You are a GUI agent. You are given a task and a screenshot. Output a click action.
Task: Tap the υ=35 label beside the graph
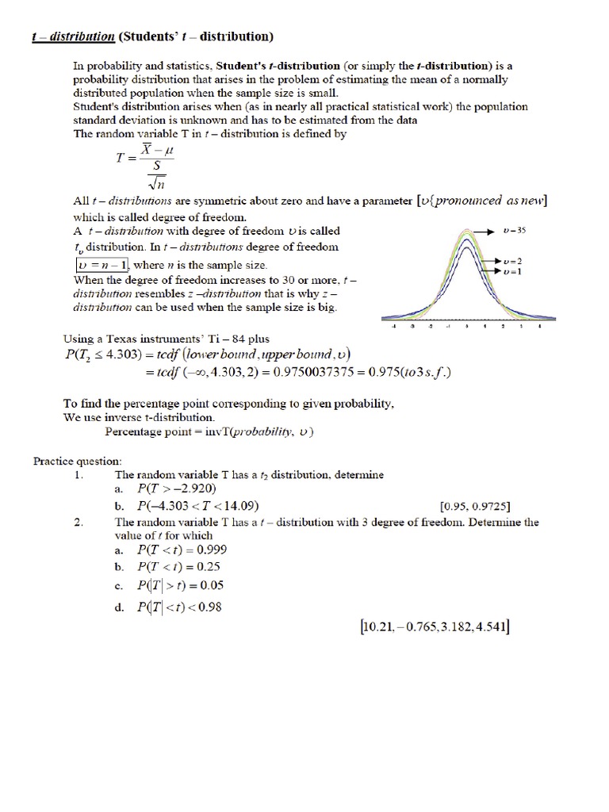click(516, 231)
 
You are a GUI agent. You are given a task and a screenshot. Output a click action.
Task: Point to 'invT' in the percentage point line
click(226, 432)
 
